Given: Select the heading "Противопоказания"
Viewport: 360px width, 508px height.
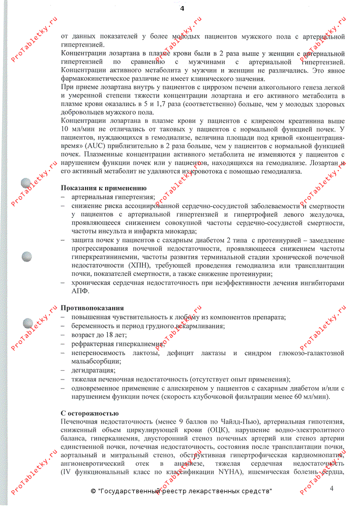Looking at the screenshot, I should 92,308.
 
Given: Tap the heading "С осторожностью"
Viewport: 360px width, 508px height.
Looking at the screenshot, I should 89,413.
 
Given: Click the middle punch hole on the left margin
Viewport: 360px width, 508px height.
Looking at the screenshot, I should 27,257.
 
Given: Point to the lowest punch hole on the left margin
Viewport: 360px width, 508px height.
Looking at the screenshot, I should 28,324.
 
